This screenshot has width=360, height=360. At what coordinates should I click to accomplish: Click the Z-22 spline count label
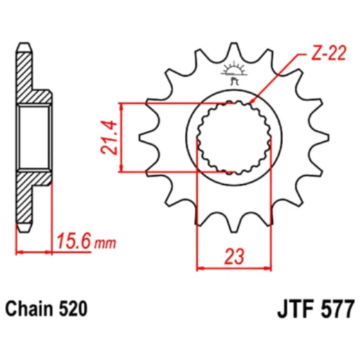tap(329, 53)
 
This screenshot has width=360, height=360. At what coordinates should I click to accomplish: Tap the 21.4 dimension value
tap(109, 137)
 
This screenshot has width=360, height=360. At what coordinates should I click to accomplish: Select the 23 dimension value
tap(234, 256)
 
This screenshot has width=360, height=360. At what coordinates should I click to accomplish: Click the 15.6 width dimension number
tap(73, 241)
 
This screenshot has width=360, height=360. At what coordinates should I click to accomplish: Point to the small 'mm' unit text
tap(105, 244)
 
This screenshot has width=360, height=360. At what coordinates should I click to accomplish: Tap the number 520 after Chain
tap(73, 309)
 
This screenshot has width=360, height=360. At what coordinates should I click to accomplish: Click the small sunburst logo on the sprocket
tap(234, 73)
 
